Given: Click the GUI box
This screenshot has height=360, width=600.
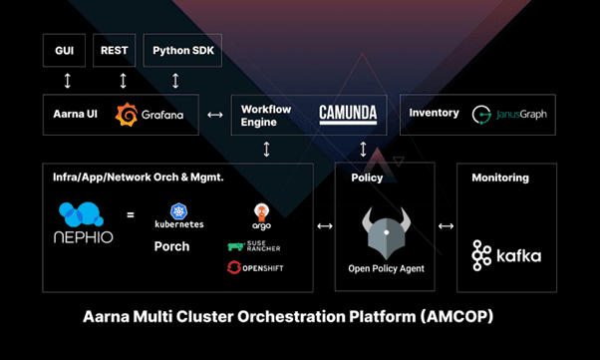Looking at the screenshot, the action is pyautogui.click(x=64, y=50).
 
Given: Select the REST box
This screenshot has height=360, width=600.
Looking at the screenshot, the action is pyautogui.click(x=114, y=50).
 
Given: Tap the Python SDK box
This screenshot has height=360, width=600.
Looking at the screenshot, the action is pyautogui.click(x=182, y=50).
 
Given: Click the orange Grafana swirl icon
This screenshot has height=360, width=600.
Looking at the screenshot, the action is pyautogui.click(x=127, y=115).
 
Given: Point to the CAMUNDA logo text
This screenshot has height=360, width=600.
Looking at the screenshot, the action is pyautogui.click(x=348, y=114).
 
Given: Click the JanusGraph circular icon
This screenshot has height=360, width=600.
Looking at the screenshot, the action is pyautogui.click(x=481, y=115).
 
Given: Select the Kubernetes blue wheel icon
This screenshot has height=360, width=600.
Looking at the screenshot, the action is pyautogui.click(x=178, y=211).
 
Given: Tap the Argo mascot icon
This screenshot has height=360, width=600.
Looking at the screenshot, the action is pyautogui.click(x=262, y=212).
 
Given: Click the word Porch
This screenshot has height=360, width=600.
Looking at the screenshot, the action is pyautogui.click(x=171, y=246).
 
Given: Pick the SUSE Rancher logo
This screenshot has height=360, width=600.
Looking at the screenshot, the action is pyautogui.click(x=254, y=246).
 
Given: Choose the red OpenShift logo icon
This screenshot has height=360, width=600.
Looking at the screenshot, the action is pyautogui.click(x=234, y=267).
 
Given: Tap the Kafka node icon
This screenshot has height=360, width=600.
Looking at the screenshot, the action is pyautogui.click(x=481, y=255).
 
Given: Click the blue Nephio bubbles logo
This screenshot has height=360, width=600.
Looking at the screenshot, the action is pyautogui.click(x=81, y=214).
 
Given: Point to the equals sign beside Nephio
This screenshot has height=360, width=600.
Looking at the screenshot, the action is pyautogui.click(x=131, y=214).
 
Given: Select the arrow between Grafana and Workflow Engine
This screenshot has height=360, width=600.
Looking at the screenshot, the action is pyautogui.click(x=215, y=115).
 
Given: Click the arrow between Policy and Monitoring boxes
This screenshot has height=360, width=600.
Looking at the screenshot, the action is pyautogui.click(x=446, y=226).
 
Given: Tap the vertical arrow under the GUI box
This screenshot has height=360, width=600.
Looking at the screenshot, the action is pyautogui.click(x=68, y=81).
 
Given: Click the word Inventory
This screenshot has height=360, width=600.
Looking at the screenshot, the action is pyautogui.click(x=434, y=113).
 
